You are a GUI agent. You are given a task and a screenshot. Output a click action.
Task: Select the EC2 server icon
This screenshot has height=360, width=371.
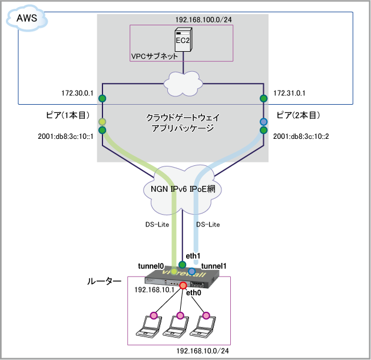point(183,39)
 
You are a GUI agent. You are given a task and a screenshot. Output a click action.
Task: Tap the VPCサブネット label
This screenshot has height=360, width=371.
point(154,56)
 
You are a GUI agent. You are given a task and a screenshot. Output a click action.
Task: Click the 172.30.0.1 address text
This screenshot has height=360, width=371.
point(77,93)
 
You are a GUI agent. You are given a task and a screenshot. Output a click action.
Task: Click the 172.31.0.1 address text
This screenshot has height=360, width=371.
point(289,93)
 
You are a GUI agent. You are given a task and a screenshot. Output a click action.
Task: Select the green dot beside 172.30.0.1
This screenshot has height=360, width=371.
point(102,98)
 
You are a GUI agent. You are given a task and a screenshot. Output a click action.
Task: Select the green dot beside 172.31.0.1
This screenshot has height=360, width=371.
point(263,98)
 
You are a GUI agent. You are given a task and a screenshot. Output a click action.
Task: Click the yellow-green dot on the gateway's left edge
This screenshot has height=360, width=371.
point(102,122)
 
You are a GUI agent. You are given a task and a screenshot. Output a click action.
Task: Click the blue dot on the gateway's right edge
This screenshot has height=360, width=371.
point(263,122)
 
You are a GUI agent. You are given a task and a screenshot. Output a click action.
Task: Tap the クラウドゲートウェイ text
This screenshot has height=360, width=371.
point(182,118)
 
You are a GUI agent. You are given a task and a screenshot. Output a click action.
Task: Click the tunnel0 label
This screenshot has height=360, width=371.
point(150,266)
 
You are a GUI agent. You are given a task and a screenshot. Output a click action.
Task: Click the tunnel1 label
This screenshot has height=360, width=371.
point(214,266)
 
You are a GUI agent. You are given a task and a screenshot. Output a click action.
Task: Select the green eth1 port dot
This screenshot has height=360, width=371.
point(183,265)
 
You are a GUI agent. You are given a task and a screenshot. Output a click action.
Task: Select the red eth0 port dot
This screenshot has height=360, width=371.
point(183,285)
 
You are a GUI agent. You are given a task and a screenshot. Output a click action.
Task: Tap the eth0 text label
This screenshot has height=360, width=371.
point(194,292)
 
